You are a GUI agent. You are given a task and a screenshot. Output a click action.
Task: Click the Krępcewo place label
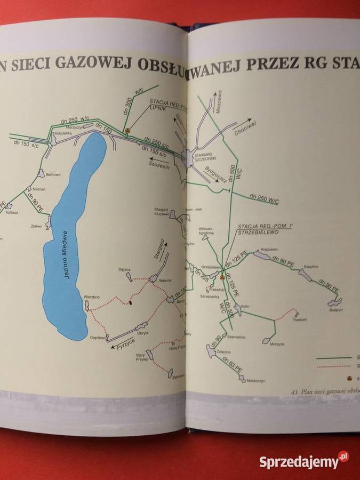pyautogui.click(x=268, y=250)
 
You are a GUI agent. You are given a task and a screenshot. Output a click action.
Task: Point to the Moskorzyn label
pyautogui.click(x=250, y=388)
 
